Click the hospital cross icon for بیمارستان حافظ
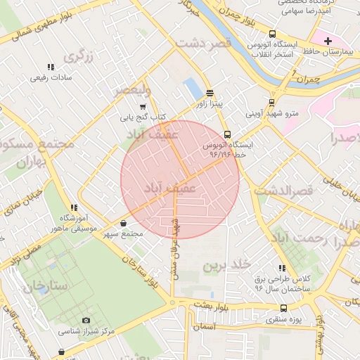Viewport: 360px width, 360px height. pos(328,41)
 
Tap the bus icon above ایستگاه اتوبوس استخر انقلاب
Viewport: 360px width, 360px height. pos(272,34)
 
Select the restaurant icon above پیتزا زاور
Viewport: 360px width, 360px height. pos(210,93)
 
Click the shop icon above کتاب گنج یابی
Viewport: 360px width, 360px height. pos(143,106)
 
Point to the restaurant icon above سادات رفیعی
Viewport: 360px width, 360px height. pos(50,67)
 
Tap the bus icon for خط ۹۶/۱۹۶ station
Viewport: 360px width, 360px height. pos(226,134)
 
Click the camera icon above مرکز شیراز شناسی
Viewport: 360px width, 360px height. pos(86,320)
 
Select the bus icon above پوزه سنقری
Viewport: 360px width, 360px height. pos(283,308)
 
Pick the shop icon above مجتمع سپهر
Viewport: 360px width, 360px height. pos(124,223)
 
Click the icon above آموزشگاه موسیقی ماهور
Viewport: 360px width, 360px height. pos(72,207)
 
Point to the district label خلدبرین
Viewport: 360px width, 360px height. pos(226,265)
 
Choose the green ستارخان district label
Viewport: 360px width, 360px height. pos(44,285)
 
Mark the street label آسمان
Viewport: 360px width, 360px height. pos(204,328)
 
